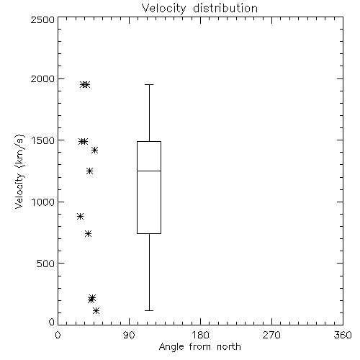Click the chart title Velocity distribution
click(x=199, y=8)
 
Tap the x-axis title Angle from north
click(x=199, y=347)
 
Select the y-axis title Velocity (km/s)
click(x=19, y=171)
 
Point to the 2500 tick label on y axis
click(x=42, y=19)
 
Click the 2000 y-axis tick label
click(x=42, y=78)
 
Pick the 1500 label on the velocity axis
click(x=43, y=140)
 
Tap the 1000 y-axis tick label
click(x=43, y=202)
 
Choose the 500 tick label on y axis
click(x=46, y=264)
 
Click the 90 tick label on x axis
click(x=129, y=335)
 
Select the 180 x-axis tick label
click(x=200, y=335)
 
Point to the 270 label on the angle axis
click(x=271, y=335)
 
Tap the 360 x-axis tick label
click(x=343, y=335)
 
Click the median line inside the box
click(x=149, y=171)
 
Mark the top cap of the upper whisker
click(x=149, y=84)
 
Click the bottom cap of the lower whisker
click(x=149, y=310)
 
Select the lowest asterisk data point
click(x=96, y=311)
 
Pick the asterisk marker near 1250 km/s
click(x=89, y=171)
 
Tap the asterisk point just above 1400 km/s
click(x=94, y=150)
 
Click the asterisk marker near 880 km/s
click(x=81, y=216)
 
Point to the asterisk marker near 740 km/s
click(x=88, y=233)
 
